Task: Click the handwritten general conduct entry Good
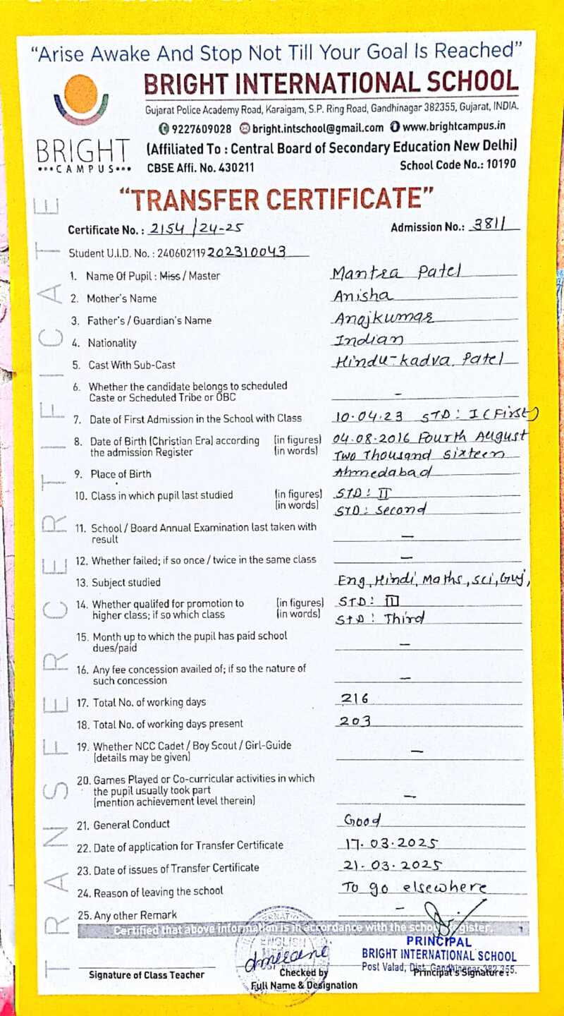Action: [x=362, y=821]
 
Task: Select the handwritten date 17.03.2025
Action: [x=393, y=842]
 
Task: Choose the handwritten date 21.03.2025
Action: [x=393, y=865]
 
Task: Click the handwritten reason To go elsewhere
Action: [x=414, y=888]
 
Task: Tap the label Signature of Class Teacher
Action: [x=147, y=975]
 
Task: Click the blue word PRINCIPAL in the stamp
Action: [x=438, y=942]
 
